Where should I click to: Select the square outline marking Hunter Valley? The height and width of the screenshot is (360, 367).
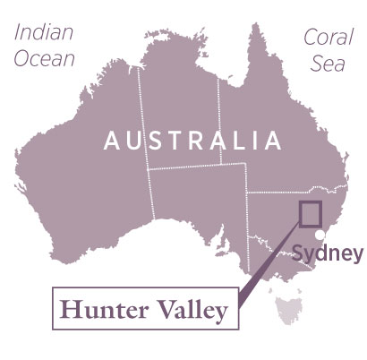(309, 214)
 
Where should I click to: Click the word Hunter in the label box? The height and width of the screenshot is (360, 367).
(100, 311)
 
